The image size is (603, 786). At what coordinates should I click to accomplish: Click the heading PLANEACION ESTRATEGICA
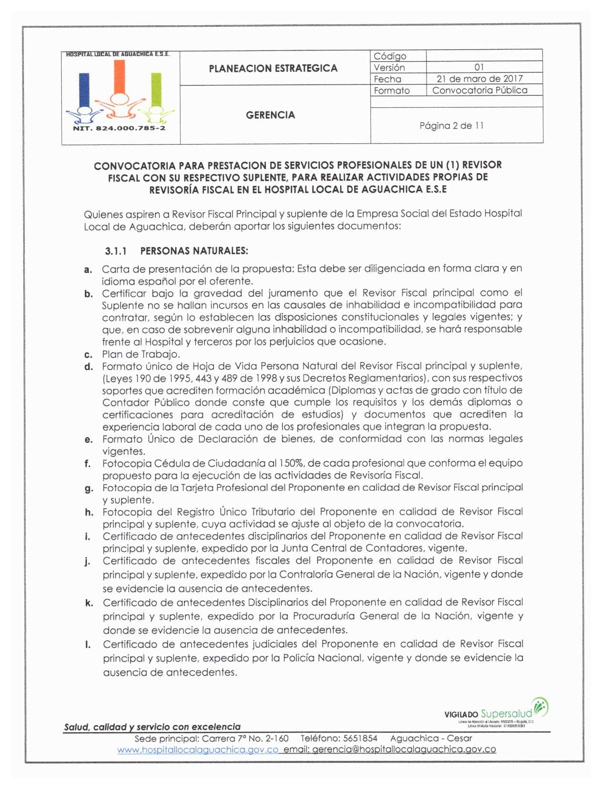(273, 68)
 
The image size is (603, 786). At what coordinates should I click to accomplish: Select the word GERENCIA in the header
(270, 115)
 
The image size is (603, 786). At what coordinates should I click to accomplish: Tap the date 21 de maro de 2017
(480, 79)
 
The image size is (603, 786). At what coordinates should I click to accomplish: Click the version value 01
(479, 67)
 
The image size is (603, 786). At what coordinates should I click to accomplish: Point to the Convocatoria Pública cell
(480, 90)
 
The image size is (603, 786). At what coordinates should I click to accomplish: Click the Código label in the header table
(389, 56)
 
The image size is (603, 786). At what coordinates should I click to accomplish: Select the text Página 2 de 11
(451, 125)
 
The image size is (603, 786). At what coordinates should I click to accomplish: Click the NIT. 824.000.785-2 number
(119, 128)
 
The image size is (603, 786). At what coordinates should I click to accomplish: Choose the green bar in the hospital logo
(156, 90)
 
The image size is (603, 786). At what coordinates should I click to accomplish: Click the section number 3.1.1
(116, 251)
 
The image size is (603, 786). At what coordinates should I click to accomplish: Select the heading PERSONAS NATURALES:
(194, 251)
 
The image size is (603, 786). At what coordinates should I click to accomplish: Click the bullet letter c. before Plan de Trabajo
(88, 355)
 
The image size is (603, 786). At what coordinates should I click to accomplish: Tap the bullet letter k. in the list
(89, 603)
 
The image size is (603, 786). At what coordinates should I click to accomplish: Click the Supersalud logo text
(506, 714)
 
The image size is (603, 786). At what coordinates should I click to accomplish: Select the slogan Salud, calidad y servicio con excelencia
(152, 727)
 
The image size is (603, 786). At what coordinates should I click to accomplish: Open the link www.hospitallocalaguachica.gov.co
(198, 750)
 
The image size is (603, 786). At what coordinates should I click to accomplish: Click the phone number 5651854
(360, 738)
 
